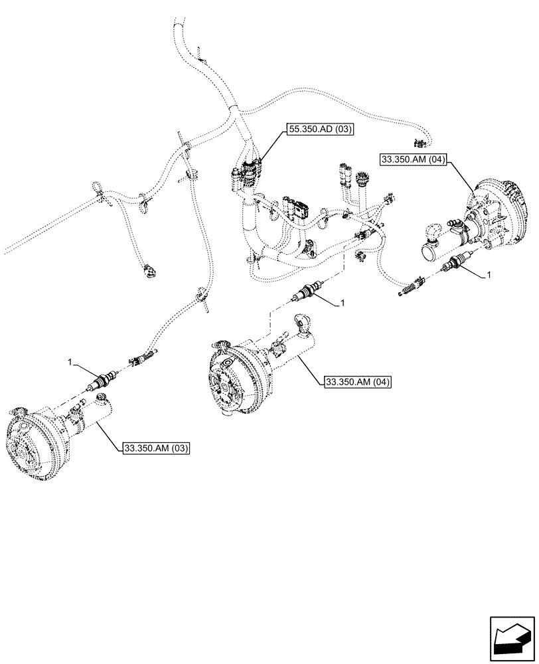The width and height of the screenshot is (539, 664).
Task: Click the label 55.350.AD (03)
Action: point(319,130)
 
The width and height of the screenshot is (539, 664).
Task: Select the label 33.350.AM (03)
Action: point(157,448)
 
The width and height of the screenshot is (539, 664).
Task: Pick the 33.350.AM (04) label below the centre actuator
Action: point(358,382)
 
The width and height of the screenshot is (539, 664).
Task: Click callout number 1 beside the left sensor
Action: point(69,362)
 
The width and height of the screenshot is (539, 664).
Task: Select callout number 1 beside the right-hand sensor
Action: point(489,274)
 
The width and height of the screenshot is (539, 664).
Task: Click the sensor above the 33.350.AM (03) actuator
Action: point(102,382)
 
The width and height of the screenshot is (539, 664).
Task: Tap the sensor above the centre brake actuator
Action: point(308,291)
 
